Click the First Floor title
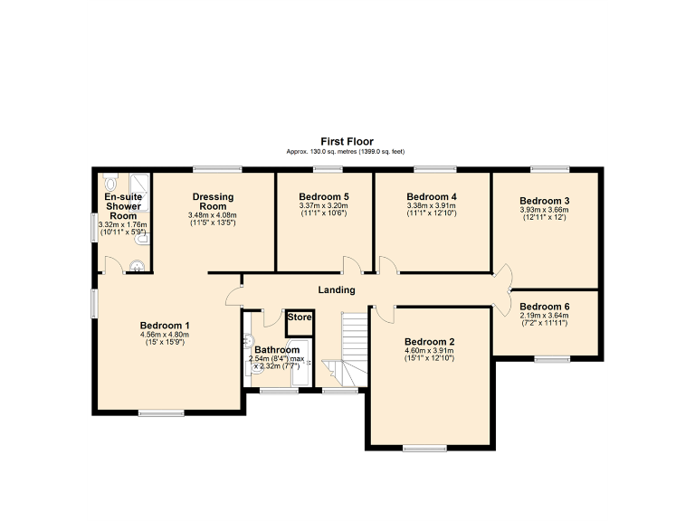(347, 141)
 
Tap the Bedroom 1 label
(165, 326)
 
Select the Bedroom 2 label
(430, 342)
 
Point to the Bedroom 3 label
(544, 201)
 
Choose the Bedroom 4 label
(432, 196)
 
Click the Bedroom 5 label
(324, 196)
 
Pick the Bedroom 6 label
(545, 306)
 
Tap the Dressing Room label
(213, 202)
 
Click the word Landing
(336, 289)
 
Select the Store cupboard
(300, 318)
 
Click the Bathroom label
(276, 349)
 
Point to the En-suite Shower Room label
(123, 206)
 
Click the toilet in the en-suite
(109, 178)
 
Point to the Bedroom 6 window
(548, 359)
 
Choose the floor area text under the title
(347, 152)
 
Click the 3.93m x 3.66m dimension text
(544, 210)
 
